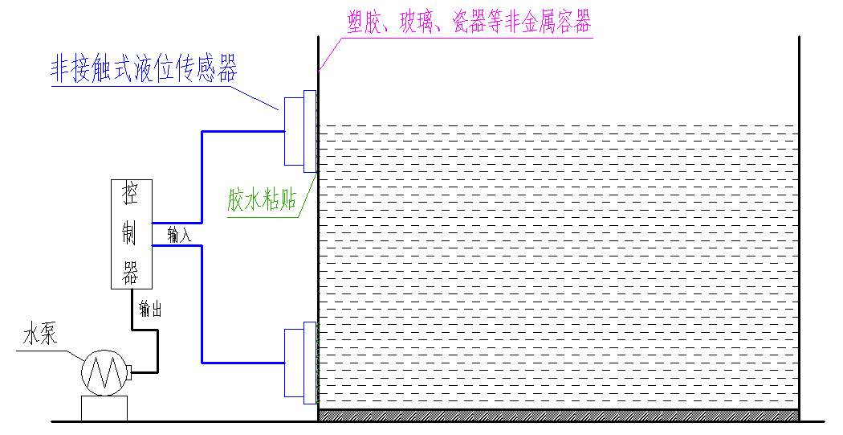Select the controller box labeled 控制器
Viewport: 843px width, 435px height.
coord(131,234)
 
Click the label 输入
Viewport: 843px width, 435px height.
coord(179,235)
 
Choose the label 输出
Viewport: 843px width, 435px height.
coord(150,308)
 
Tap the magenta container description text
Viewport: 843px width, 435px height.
coord(470,24)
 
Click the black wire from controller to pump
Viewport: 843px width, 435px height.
coord(156,346)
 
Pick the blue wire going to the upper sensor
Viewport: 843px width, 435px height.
coord(202,169)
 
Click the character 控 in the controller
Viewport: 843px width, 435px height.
coord(131,194)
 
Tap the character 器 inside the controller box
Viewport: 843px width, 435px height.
coord(131,274)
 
